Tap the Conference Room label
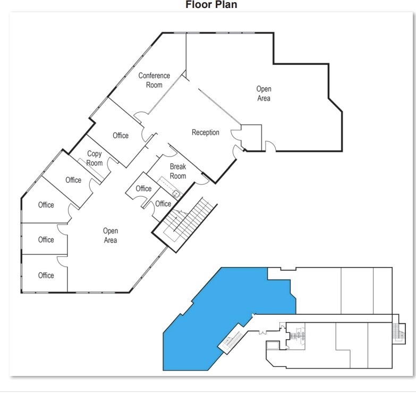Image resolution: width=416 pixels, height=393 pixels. pos(154,80)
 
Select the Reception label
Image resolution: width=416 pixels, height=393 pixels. pos(205,132)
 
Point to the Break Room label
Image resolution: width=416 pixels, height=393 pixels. pos(178,171)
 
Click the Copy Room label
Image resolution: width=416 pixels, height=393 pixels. pos(95,158)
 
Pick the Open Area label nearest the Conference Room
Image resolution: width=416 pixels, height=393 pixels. pos(264,94)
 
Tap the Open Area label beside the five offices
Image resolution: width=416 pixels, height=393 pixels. pos(111,236)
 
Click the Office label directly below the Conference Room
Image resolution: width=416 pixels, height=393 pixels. pos(121,136)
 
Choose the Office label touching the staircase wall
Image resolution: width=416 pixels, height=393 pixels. pos(163,204)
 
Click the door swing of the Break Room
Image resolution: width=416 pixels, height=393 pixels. pos(201,180)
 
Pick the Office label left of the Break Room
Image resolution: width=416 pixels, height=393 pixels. pos(143,189)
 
